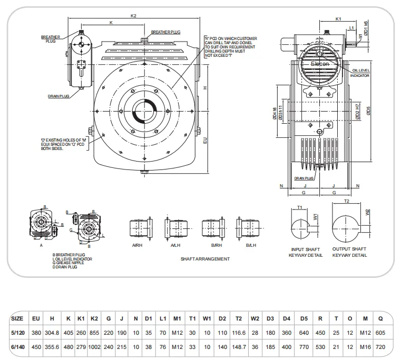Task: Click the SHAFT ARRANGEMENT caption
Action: coord(205,259)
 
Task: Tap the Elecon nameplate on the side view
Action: coord(319,63)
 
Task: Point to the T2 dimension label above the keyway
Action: coord(347,201)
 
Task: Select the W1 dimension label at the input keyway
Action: coord(315,216)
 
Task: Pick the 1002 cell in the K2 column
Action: coord(94,347)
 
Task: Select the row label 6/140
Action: coord(17,347)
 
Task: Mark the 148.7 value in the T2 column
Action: coord(239,347)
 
